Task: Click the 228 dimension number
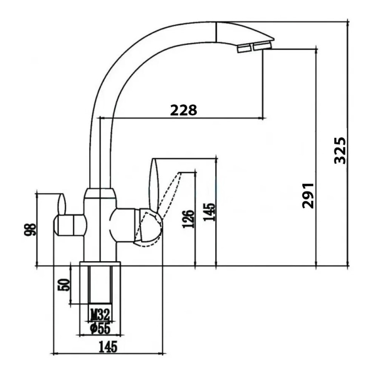click(183, 110)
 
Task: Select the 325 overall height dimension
click(340, 150)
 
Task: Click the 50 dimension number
click(64, 284)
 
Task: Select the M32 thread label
click(100, 314)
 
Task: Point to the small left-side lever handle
click(62, 204)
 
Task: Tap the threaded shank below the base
click(100, 285)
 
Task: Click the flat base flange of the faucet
click(100, 263)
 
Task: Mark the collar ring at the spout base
click(100, 194)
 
